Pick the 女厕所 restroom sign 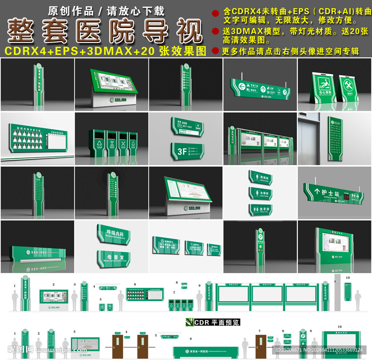[260, 193]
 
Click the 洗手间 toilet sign [260, 209]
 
